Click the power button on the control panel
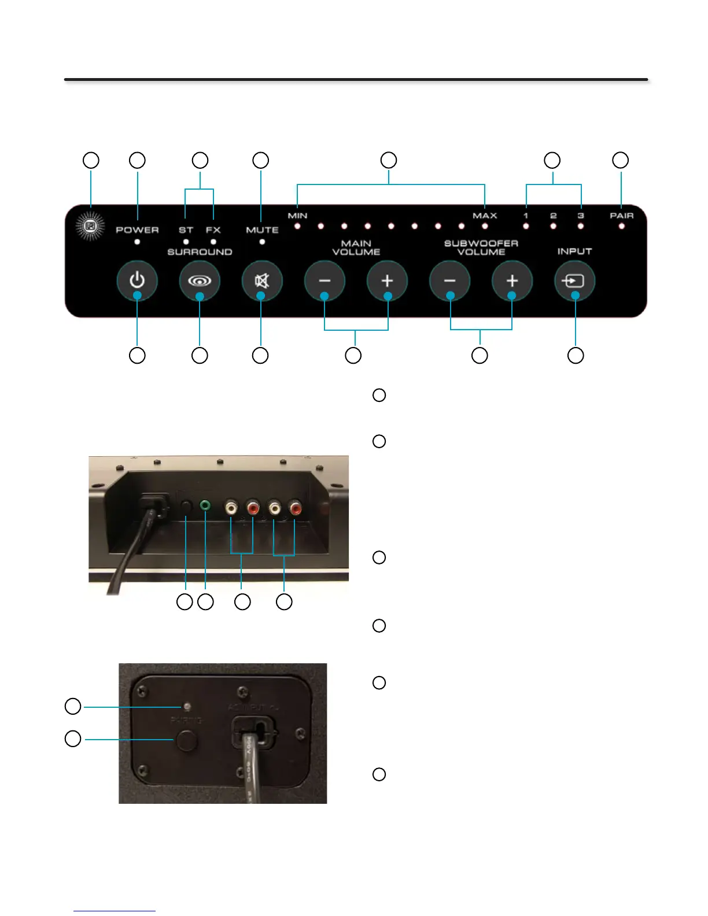[137, 281]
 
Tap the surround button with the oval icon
[200, 281]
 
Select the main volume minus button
[325, 281]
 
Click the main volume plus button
[387, 281]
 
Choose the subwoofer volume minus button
[449, 281]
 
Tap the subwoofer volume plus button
[512, 281]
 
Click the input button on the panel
[574, 281]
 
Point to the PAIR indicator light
[622, 226]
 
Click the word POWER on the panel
[137, 230]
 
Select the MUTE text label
[262, 230]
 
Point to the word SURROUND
[200, 252]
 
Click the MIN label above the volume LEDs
[297, 216]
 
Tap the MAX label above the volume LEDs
[485, 216]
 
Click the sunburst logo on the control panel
[91, 226]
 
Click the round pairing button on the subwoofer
[185, 740]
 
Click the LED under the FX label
[213, 242]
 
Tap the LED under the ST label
[186, 242]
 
